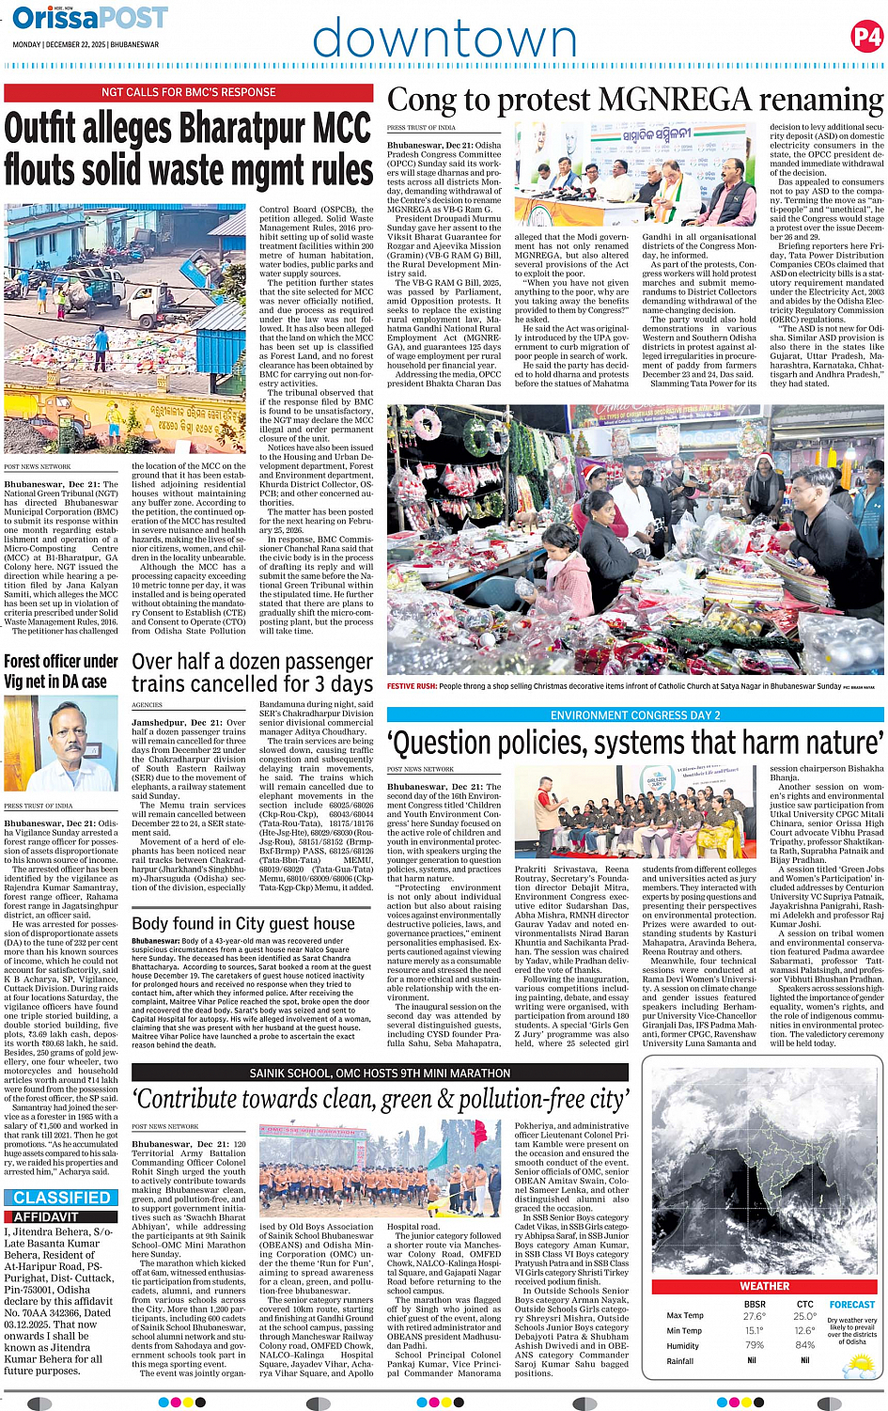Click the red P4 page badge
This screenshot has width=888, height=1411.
pos(865,37)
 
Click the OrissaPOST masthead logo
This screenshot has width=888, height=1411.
pos(90,18)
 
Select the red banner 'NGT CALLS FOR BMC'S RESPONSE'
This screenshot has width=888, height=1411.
pos(189,92)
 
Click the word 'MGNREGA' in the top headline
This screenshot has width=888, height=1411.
pos(675,100)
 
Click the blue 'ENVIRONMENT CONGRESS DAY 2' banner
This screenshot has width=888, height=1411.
pos(635,715)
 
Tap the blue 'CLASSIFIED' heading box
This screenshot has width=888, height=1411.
pos(62,1198)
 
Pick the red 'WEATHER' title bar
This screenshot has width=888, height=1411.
pos(764,1286)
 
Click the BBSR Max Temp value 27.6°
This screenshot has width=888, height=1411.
pos(754,1316)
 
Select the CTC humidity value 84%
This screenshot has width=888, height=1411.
pos(804,1345)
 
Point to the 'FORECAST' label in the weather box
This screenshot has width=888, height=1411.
pos(852,1305)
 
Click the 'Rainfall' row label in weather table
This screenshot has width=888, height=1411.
pos(680,1360)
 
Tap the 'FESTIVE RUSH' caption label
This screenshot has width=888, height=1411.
pos(412,686)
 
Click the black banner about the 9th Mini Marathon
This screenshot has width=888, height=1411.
pos(380,1073)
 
